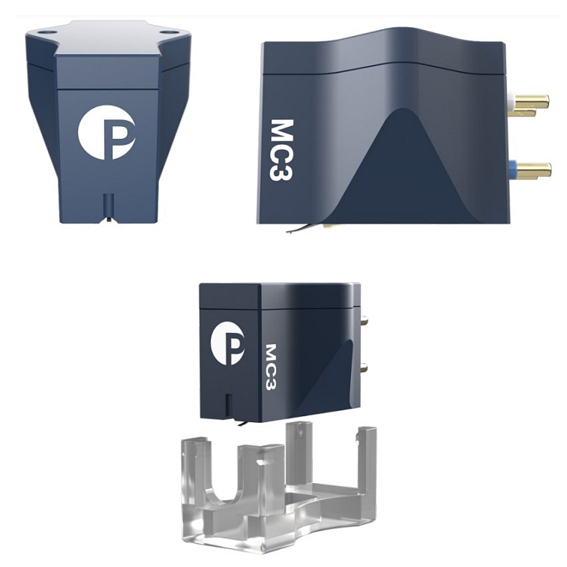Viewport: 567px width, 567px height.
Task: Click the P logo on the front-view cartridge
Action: [106, 132]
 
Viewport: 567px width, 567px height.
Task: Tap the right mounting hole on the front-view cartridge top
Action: [167, 32]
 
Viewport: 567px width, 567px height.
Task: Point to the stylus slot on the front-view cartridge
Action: [108, 207]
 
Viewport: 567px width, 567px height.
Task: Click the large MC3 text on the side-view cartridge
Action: [281, 150]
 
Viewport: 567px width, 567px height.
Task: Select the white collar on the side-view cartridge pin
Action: [511, 97]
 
